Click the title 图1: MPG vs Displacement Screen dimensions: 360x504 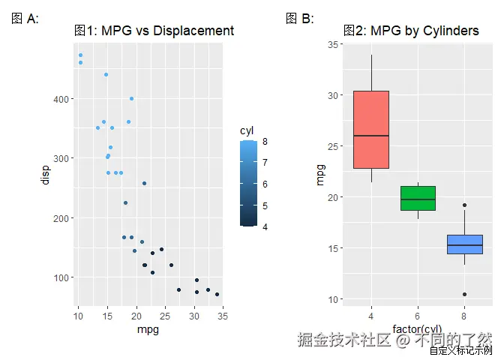click(x=154, y=31)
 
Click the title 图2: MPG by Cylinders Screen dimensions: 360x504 click(x=411, y=31)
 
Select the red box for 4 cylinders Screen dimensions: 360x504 click(x=370, y=130)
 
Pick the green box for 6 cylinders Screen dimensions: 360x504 click(x=418, y=198)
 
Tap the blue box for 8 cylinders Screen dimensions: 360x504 click(x=464, y=244)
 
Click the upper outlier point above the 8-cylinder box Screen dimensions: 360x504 click(x=464, y=205)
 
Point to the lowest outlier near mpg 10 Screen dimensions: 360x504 click(x=464, y=294)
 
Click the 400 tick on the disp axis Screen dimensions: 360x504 click(x=61, y=99)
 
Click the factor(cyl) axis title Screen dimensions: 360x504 click(x=417, y=329)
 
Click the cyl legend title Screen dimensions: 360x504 click(x=247, y=130)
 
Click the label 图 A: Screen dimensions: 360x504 click(x=25, y=19)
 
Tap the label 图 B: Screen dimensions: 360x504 click(x=300, y=19)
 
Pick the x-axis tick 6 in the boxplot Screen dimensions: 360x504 click(x=418, y=316)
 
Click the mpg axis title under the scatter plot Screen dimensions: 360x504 click(x=148, y=329)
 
